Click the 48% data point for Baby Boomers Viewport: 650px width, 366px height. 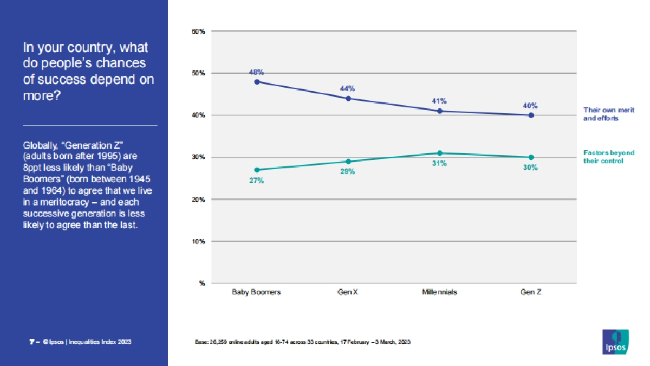(257, 82)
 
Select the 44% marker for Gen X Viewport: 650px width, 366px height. (348, 99)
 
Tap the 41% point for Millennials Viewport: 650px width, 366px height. (439, 111)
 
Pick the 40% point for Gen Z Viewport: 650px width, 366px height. (531, 115)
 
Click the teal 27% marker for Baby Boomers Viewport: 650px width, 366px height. (257, 170)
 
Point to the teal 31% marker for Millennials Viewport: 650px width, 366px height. (439, 153)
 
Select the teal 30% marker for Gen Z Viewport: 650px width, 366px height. (531, 157)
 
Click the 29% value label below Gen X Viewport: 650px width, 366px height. (348, 172)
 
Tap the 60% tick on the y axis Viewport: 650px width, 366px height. (198, 31)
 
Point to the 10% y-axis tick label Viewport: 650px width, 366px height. (198, 241)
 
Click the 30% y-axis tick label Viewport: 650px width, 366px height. (198, 157)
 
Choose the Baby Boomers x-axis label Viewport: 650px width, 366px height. (257, 292)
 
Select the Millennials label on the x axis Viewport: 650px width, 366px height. (439, 292)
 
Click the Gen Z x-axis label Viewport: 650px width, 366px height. (531, 292)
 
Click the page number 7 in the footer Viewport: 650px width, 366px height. (31, 342)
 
